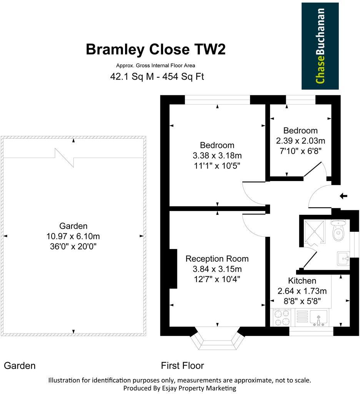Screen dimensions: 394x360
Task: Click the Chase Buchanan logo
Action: point(320,46)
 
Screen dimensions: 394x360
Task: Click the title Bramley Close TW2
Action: point(155,49)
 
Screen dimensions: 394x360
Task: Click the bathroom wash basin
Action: point(343,259)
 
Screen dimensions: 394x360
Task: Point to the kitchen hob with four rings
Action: point(282,318)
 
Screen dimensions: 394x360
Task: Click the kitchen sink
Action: point(318,318)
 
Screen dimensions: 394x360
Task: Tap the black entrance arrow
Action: point(343,196)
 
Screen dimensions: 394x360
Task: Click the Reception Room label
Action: point(217,259)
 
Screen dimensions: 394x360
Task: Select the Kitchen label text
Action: point(302,281)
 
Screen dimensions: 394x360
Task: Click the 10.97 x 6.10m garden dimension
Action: point(73,236)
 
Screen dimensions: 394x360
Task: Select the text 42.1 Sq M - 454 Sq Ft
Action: point(157,76)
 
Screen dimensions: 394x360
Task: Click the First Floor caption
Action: point(182,365)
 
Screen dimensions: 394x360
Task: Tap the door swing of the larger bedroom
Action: point(252,191)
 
